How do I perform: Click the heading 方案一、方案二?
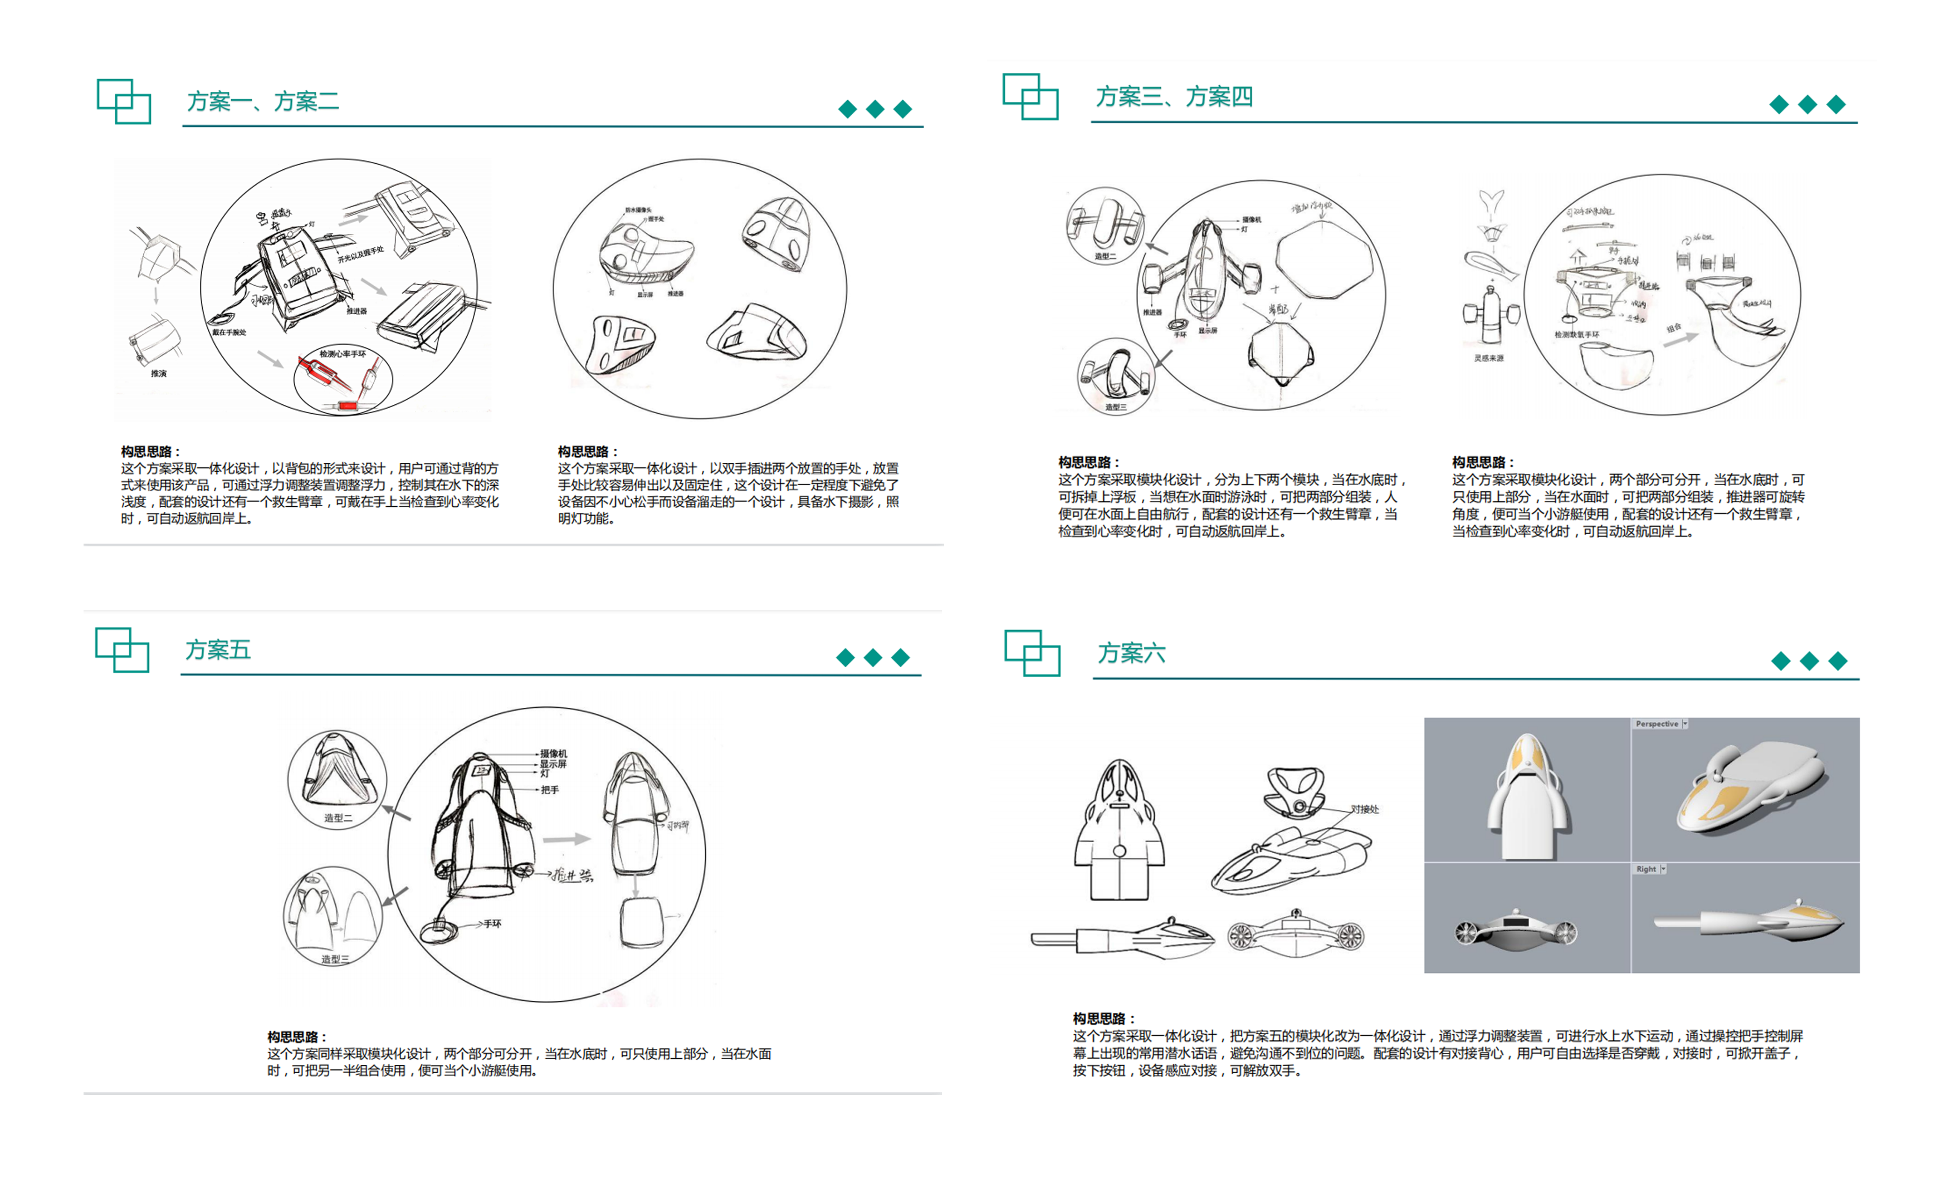click(x=262, y=101)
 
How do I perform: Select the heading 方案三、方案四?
click(x=1174, y=97)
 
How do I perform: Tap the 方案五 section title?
click(x=218, y=650)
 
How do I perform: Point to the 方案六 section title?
click(x=1131, y=653)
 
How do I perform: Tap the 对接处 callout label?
click(x=1364, y=810)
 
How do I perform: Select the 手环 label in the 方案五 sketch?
click(x=492, y=924)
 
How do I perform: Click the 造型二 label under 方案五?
click(x=338, y=818)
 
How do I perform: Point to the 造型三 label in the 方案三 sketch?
click(x=1115, y=408)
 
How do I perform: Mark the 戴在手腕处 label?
click(x=229, y=333)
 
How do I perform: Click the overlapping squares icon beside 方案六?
click(x=1032, y=653)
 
